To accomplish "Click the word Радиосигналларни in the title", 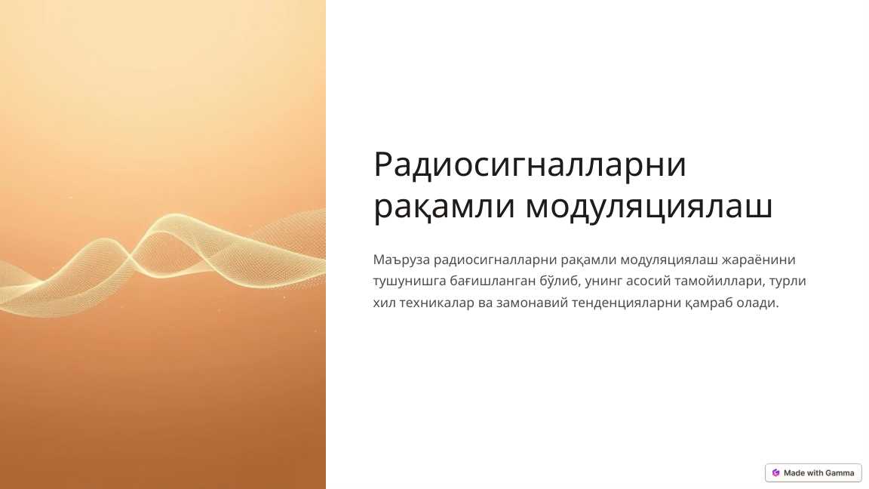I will pyautogui.click(x=530, y=165).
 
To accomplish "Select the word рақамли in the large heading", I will pyautogui.click(x=443, y=207).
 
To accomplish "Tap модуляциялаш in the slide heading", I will pyautogui.click(x=648, y=207).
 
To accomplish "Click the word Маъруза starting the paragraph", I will pyautogui.click(x=401, y=260).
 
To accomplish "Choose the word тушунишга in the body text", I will pyautogui.click(x=408, y=281).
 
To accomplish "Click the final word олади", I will pyautogui.click(x=757, y=303).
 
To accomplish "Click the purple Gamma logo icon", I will pyautogui.click(x=775, y=473).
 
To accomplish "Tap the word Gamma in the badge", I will pyautogui.click(x=839, y=473).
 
